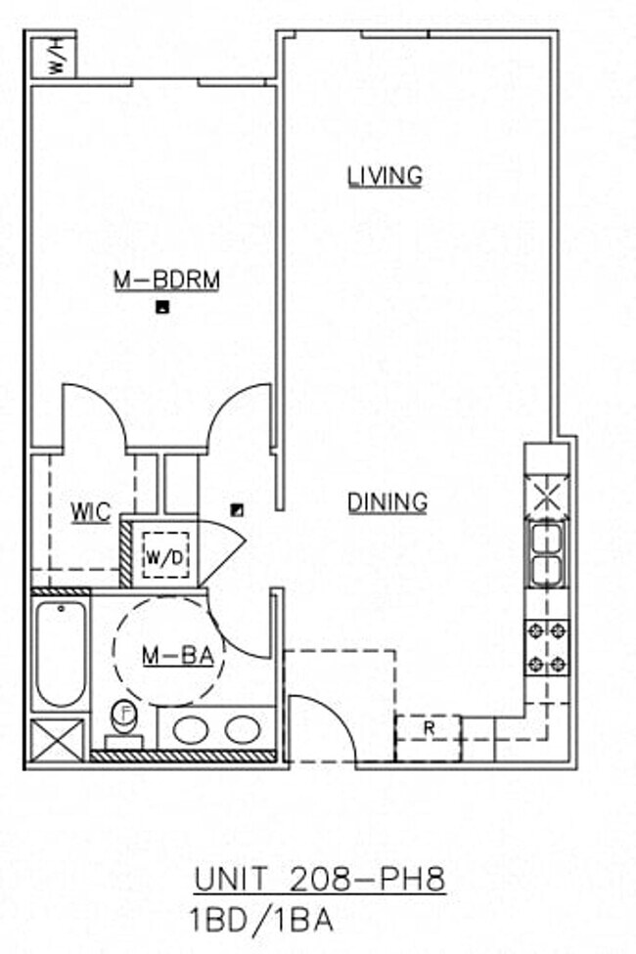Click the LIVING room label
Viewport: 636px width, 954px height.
click(386, 176)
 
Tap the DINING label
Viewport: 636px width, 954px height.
click(388, 502)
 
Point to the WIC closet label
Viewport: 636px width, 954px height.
click(90, 512)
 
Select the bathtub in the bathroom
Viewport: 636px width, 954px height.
click(61, 653)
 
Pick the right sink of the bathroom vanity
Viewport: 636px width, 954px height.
click(241, 729)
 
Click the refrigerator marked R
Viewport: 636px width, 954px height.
click(428, 729)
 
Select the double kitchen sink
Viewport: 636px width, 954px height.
click(547, 554)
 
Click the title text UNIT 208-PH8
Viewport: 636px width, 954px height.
click(319, 880)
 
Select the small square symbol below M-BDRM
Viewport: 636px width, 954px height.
click(163, 308)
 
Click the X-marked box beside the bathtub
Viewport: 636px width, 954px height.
click(58, 739)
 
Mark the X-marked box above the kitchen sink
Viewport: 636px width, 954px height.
click(547, 493)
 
